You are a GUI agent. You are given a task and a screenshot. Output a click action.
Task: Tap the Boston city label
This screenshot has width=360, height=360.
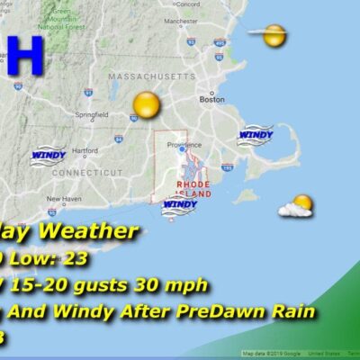click(x=211, y=100)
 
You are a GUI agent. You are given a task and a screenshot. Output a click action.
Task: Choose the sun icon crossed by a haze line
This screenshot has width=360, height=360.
click(x=274, y=37)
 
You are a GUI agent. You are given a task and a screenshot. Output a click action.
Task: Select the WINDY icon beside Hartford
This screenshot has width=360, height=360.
click(x=48, y=154)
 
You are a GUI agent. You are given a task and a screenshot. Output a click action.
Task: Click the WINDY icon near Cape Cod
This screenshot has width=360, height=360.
click(x=255, y=135)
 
